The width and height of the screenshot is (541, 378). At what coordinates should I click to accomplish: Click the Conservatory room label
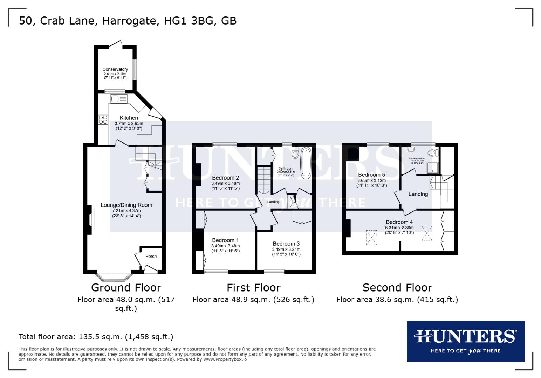tap(115, 69)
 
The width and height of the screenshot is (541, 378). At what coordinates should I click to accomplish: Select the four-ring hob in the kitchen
tap(103, 120)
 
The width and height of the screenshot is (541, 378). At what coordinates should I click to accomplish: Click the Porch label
tap(151, 256)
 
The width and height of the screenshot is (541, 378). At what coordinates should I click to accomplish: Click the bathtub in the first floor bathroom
tap(306, 162)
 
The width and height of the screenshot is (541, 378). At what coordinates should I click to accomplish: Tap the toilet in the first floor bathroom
tap(295, 153)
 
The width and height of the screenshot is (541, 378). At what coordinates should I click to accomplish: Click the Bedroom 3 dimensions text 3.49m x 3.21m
tap(286, 249)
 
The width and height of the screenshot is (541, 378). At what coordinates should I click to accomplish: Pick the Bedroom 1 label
tap(225, 240)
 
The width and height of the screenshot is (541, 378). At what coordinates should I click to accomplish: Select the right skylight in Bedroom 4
tap(426, 233)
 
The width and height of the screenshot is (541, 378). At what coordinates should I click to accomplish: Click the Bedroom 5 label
tap(371, 175)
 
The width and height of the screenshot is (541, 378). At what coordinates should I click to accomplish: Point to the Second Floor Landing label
tap(418, 194)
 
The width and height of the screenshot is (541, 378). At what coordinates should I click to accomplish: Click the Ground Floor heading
tap(126, 288)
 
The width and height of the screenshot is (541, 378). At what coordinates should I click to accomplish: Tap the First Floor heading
tap(253, 288)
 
